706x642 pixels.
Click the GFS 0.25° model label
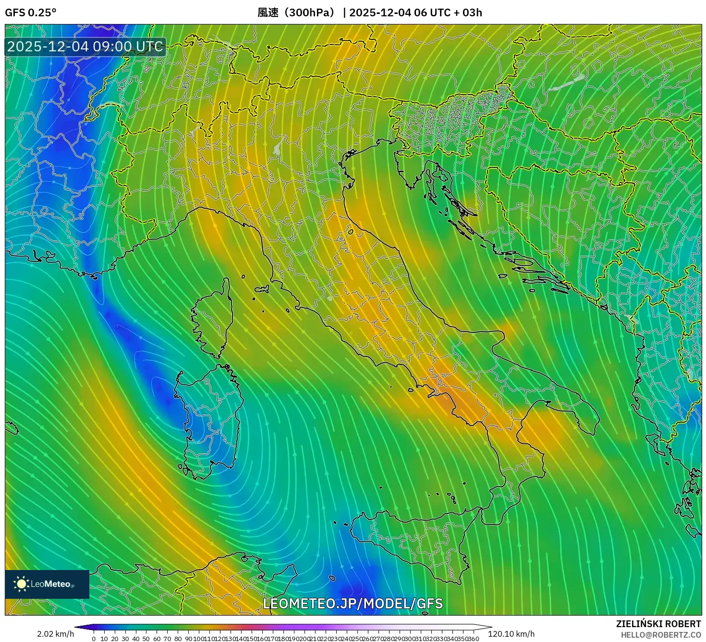point(30,12)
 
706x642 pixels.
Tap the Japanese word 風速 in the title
point(268,12)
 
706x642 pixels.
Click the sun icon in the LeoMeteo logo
point(21,584)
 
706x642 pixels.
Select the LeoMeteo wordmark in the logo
point(51,584)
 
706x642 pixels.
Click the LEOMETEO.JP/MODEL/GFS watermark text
point(353,604)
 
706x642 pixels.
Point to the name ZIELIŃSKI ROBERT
point(658,624)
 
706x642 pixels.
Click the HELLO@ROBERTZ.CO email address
point(660,635)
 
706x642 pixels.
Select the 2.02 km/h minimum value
point(55,634)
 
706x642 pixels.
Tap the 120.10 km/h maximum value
point(511,634)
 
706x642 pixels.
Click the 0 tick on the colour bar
point(94,639)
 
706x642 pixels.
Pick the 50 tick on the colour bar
point(146,639)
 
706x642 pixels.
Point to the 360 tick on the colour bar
point(473,639)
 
